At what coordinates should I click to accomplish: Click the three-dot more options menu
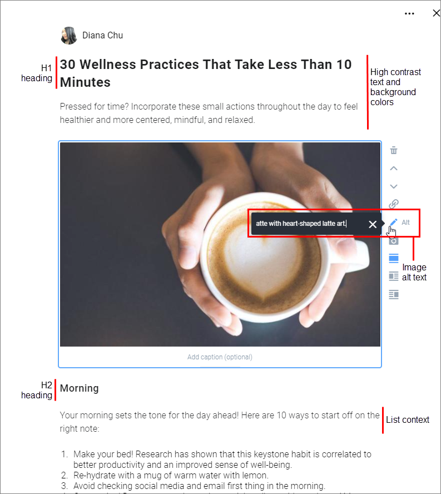409,13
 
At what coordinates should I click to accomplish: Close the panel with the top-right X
437,13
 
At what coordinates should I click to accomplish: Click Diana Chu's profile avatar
69,35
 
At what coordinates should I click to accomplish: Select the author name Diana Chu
103,35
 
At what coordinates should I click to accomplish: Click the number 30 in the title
67,65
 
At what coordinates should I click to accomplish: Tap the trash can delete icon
394,150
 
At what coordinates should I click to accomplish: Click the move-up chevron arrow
394,169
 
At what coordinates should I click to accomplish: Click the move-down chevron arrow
394,186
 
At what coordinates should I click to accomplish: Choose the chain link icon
394,204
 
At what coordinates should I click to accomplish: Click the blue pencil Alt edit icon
393,223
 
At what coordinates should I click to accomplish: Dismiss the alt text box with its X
373,224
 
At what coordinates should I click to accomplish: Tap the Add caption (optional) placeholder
220,357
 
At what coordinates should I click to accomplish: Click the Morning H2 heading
80,388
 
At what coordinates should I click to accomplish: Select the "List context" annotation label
408,419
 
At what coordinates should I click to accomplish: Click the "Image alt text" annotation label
414,272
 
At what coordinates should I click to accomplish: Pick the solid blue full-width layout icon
394,258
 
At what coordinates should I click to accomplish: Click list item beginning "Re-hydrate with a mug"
170,475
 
